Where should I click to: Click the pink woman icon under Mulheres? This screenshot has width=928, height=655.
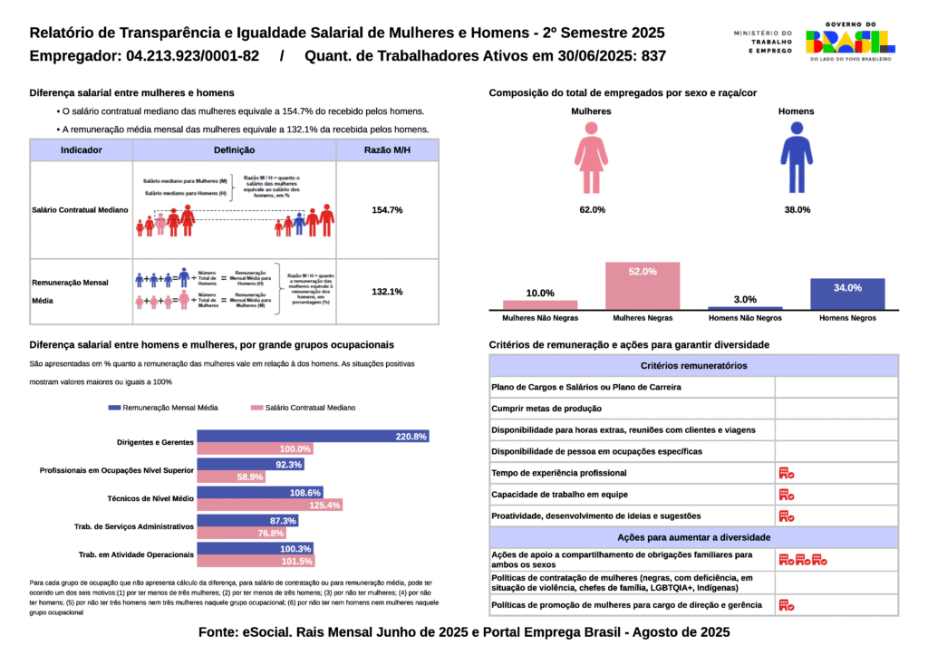pos(591,159)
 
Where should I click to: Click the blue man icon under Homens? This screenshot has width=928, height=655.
pos(797,159)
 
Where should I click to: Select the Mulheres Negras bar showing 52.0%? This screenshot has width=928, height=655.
pos(643,286)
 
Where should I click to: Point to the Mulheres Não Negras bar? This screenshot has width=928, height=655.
pos(540,305)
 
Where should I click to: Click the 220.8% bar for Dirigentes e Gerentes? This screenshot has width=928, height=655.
pos(313,437)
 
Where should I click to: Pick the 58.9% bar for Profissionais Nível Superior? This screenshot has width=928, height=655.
pos(231,477)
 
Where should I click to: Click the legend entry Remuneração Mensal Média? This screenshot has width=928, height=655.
pos(163,408)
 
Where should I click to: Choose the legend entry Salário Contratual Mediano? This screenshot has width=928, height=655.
pos(303,408)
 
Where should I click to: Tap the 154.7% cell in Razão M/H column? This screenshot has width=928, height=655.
pos(387,210)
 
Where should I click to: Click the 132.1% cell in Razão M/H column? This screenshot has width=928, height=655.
pos(387,292)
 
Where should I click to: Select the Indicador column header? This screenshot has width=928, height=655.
pos(81,150)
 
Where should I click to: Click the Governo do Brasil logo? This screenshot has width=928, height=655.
pos(849,41)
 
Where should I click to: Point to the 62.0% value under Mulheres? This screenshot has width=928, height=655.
pos(592,210)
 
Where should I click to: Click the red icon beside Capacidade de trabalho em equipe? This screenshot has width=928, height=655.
pos(786,495)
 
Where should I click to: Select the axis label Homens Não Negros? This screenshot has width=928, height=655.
pos(745,319)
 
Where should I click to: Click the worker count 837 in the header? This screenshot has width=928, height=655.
pos(652,56)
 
